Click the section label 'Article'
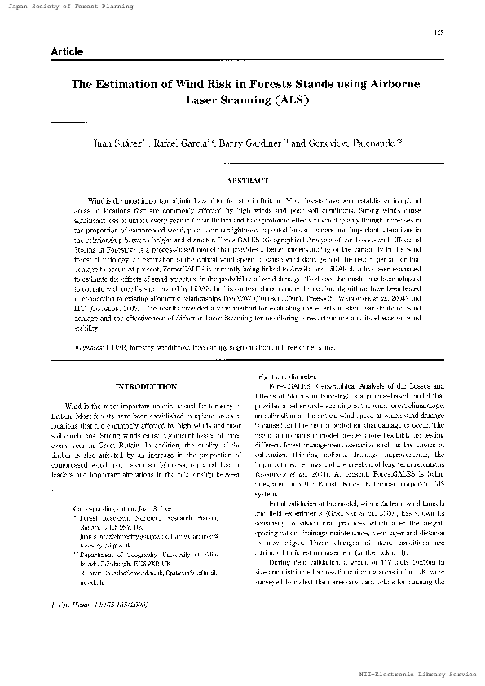click(67, 51)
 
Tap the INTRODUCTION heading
click(147, 386)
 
